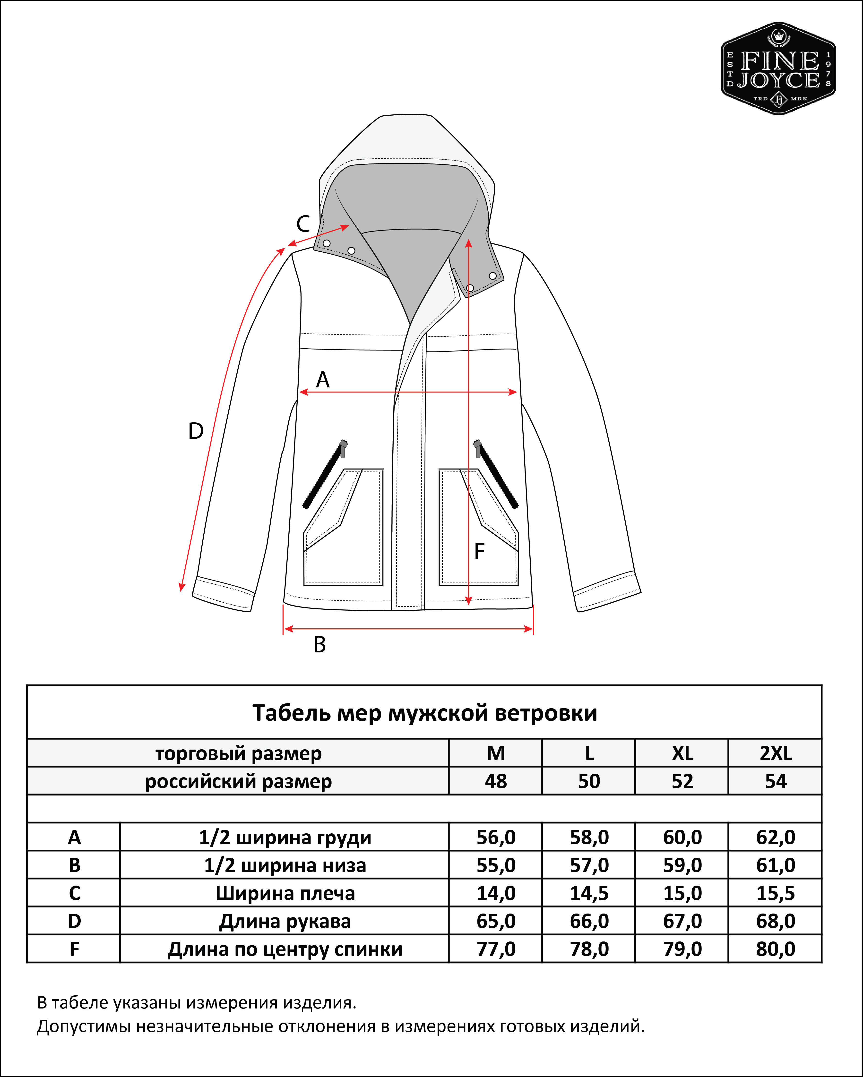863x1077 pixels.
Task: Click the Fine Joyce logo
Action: tap(778, 68)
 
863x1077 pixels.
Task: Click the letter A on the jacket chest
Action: tap(323, 380)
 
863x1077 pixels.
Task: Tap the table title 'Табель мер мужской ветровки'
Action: tap(425, 713)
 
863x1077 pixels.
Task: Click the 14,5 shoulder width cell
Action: tap(589, 893)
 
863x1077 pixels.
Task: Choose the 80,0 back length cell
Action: tap(776, 949)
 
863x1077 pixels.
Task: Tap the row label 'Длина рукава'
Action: tap(285, 921)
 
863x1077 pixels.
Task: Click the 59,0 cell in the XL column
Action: tap(683, 865)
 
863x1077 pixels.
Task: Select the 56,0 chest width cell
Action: tap(496, 837)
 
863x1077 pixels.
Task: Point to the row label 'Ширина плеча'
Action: tap(285, 893)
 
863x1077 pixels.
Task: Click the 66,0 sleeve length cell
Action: tap(589, 921)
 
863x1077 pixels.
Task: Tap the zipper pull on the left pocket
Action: tap(343, 448)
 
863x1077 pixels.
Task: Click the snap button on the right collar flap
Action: tap(493, 276)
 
